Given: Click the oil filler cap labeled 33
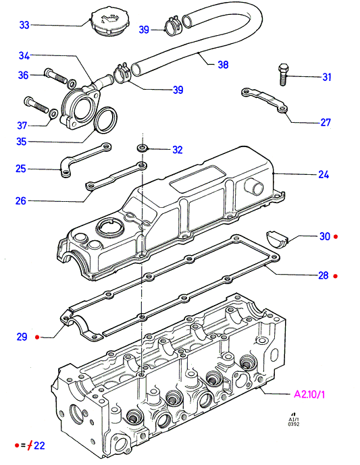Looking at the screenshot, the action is click(x=107, y=22).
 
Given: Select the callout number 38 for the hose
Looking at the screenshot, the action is click(x=223, y=64).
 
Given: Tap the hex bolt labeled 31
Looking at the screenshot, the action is click(x=283, y=74).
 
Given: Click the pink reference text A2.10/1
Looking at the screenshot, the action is click(x=309, y=394).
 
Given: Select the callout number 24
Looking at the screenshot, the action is click(x=324, y=174).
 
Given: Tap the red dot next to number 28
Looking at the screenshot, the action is click(x=336, y=276).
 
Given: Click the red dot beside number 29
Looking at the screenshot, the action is click(x=37, y=337).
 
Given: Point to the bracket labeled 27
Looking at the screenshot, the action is click(x=265, y=101).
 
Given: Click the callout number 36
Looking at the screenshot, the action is click(x=23, y=75).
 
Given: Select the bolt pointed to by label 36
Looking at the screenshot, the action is click(x=56, y=76).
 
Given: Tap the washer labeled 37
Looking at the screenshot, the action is click(x=53, y=113).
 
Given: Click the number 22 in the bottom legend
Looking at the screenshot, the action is click(x=39, y=445).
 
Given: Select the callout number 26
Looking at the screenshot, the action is click(x=21, y=200).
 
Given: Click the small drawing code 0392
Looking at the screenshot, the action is click(x=294, y=425).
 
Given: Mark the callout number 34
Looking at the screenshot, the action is click(x=24, y=55).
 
